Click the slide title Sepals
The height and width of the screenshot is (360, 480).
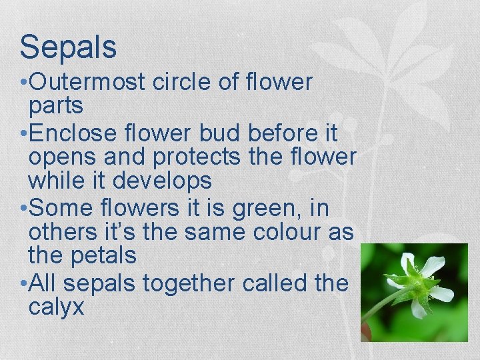coord(68,47)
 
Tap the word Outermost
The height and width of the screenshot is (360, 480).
coord(88,83)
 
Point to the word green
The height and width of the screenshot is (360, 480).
coord(267,209)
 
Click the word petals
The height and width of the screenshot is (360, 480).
coord(104,255)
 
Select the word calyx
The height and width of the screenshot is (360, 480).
coord(57,307)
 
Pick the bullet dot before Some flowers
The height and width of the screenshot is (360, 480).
coord(23,209)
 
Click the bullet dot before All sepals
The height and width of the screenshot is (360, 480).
coord(23,284)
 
